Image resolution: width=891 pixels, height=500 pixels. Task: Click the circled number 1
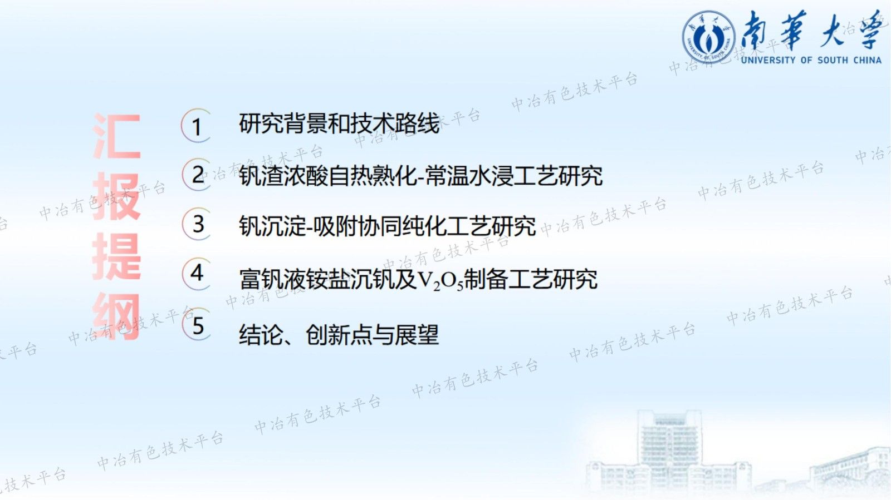click(x=197, y=126)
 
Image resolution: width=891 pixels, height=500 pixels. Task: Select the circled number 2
click(x=198, y=175)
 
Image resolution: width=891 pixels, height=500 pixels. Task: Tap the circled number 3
click(x=198, y=224)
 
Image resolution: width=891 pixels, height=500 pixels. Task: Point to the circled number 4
click(x=197, y=273)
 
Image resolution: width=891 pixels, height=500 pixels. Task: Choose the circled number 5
click(x=198, y=325)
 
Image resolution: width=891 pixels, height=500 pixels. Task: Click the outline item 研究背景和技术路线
click(x=339, y=123)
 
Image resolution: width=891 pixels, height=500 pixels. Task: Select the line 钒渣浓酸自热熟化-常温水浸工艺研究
click(x=420, y=176)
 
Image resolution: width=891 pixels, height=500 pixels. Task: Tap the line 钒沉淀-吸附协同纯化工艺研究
click(x=387, y=226)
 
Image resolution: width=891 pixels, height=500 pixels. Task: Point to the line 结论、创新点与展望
click(x=339, y=335)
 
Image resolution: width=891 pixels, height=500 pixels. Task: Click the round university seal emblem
click(x=708, y=38)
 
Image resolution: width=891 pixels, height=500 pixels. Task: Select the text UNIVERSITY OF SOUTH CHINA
click(x=811, y=60)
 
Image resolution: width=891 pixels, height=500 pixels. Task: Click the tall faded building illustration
click(x=668, y=451)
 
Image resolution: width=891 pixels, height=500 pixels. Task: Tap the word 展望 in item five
click(x=416, y=335)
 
